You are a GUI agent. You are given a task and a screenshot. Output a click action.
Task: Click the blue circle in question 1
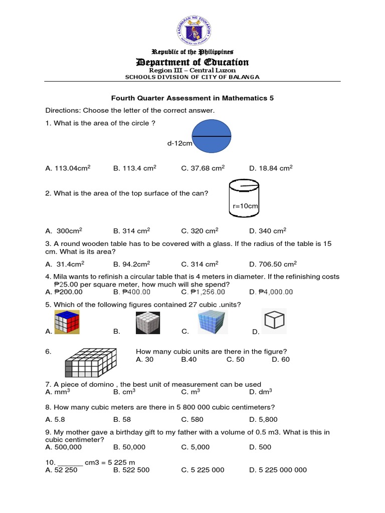click(x=212, y=136)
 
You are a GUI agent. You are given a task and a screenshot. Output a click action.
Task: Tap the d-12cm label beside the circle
click(x=179, y=144)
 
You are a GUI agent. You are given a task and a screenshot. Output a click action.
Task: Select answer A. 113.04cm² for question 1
click(x=68, y=168)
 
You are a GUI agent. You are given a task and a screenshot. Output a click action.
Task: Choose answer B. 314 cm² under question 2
click(x=131, y=231)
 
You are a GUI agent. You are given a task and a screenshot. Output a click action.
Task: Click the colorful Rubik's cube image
click(x=67, y=322)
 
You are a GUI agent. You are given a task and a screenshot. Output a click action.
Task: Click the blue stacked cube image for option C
click(x=212, y=322)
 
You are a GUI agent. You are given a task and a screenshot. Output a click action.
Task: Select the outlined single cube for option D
click(x=275, y=321)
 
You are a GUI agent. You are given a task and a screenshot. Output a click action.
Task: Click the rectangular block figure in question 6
click(x=91, y=363)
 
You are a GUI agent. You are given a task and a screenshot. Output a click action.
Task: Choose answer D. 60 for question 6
click(x=281, y=359)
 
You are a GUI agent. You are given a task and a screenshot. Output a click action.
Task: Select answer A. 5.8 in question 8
click(x=54, y=419)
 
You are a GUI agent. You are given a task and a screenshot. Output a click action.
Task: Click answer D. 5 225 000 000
click(x=278, y=470)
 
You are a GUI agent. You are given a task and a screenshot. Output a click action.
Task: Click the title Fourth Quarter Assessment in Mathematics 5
click(x=192, y=99)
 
